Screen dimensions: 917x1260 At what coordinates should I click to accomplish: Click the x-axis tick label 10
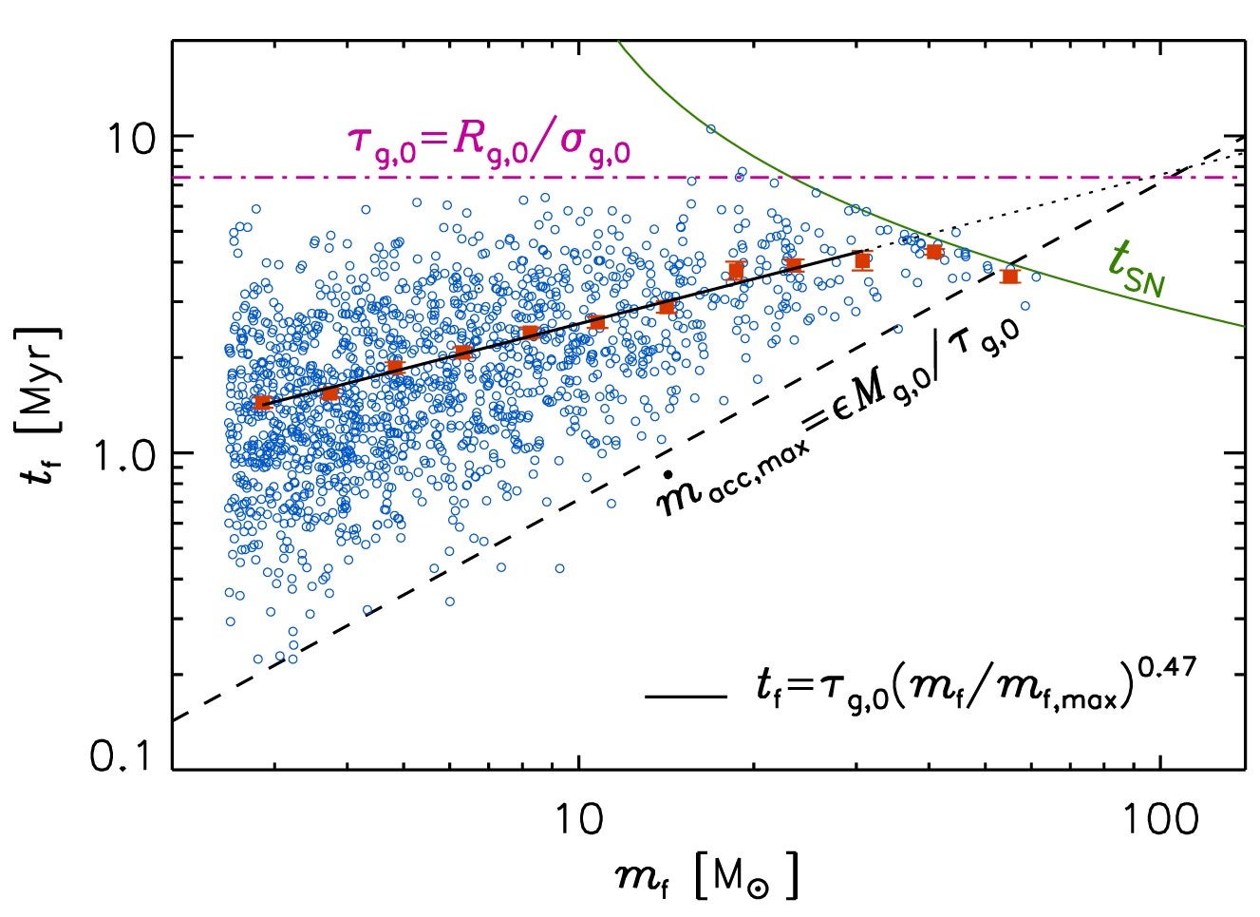click(x=580, y=820)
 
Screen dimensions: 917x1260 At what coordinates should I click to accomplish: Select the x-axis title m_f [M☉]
click(x=705, y=877)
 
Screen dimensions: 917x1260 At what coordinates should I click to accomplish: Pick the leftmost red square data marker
click(x=262, y=403)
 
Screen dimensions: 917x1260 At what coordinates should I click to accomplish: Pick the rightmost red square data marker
click(x=1009, y=276)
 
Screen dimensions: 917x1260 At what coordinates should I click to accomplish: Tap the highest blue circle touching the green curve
click(x=709, y=128)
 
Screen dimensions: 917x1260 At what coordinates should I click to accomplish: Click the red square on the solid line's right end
click(x=862, y=260)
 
